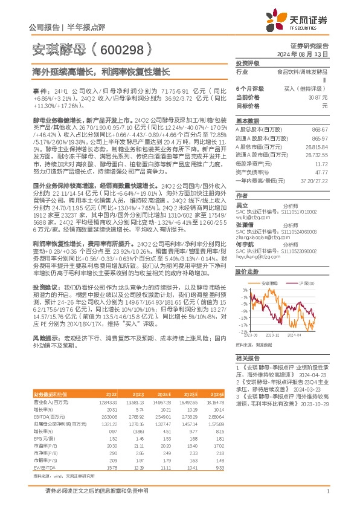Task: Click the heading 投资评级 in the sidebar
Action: [x=247, y=63]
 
